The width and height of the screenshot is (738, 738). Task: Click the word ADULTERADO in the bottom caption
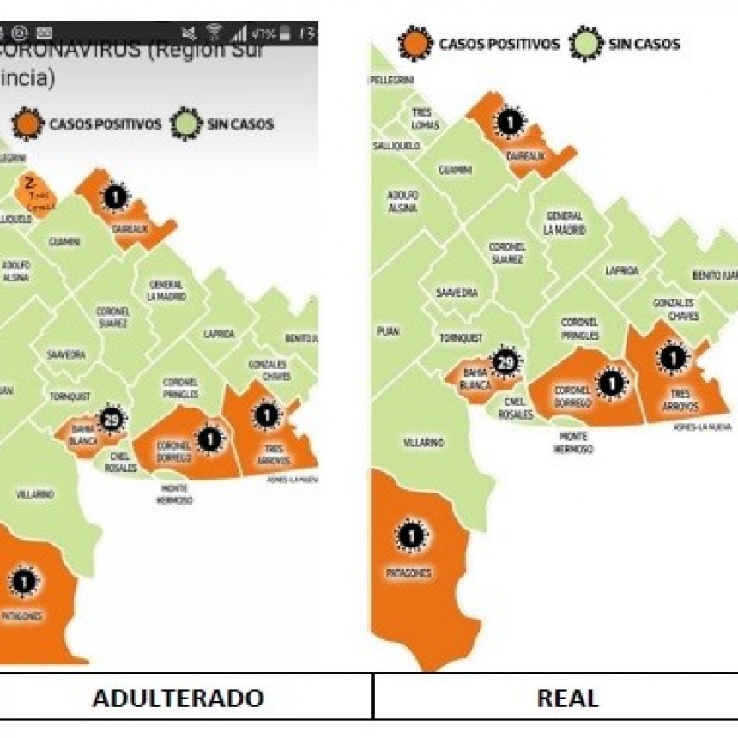click(x=178, y=698)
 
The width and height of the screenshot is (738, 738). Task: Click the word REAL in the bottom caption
click(x=567, y=698)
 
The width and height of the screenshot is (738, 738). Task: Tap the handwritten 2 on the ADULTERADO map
click(x=30, y=183)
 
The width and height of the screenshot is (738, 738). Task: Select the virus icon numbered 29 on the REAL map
click(x=506, y=363)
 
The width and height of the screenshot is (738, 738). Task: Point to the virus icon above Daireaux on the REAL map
click(x=510, y=123)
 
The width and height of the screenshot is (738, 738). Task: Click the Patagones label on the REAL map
click(x=408, y=572)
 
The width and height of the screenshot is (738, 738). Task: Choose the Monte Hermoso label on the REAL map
click(x=571, y=442)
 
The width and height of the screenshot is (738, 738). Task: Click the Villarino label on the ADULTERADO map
click(x=35, y=495)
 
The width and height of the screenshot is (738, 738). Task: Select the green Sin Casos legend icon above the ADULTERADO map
click(x=186, y=124)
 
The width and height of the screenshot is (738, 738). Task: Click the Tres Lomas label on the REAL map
click(x=425, y=119)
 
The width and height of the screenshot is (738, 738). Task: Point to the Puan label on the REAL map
click(x=388, y=330)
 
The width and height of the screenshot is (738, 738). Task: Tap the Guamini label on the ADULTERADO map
click(x=64, y=242)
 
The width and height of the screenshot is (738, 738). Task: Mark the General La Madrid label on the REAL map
click(x=564, y=223)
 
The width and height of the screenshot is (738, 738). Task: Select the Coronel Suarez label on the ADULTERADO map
click(x=112, y=317)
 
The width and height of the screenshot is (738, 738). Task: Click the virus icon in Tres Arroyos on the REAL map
click(x=674, y=357)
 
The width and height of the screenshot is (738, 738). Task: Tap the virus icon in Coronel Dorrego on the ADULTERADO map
click(x=209, y=439)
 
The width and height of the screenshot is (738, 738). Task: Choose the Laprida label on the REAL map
click(x=622, y=270)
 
